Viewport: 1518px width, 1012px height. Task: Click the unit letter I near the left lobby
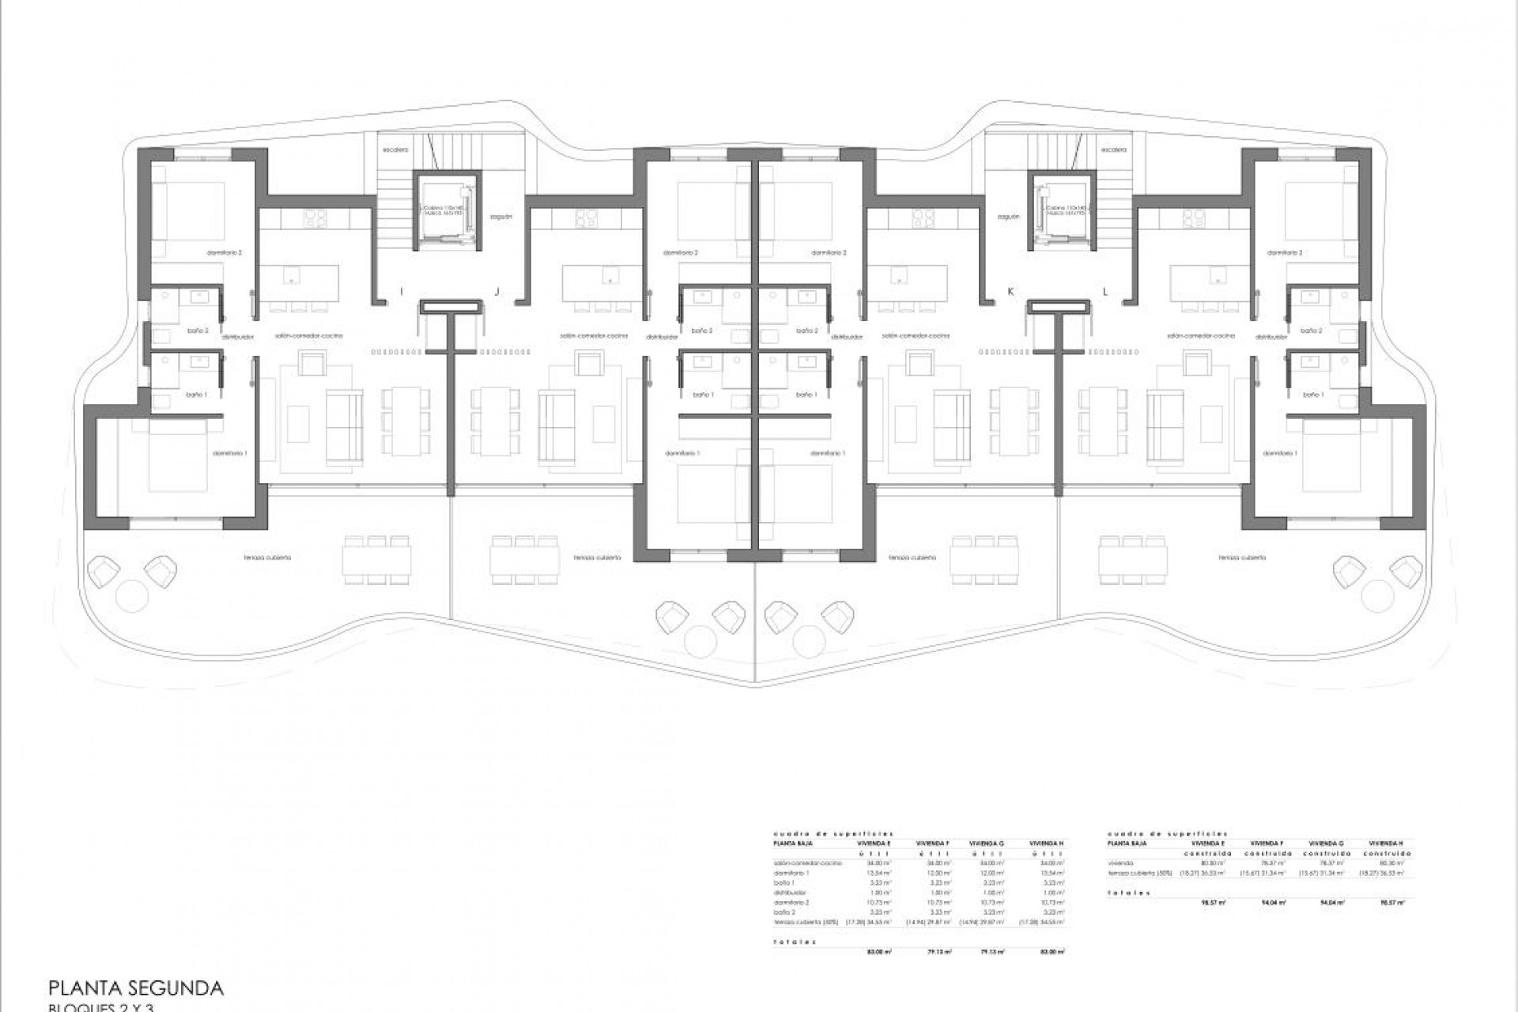coord(402,292)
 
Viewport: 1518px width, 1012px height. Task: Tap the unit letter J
coord(497,292)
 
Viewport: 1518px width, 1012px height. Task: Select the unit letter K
coord(1010,292)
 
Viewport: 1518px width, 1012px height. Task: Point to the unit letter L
coord(1105,292)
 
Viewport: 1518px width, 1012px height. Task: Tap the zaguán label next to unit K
coord(1009,216)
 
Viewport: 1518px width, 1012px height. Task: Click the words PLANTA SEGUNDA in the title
coord(136,987)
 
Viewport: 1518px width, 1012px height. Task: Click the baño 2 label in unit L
coord(1312,330)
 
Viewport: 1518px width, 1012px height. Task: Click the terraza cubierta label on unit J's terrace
coord(598,557)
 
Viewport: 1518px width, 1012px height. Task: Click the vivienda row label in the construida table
coord(1120,863)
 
